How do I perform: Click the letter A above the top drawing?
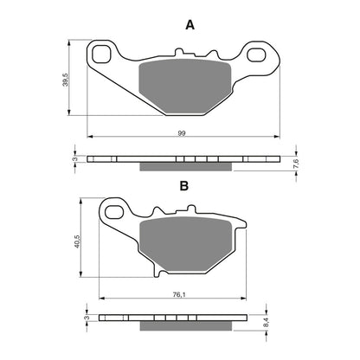coord(190,26)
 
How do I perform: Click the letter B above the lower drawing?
coord(183,185)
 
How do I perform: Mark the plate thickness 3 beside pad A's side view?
coord(75,160)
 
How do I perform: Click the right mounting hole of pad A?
coord(256,56)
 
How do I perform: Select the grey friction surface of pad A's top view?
coord(183,84)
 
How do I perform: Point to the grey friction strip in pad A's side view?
coord(183,165)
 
